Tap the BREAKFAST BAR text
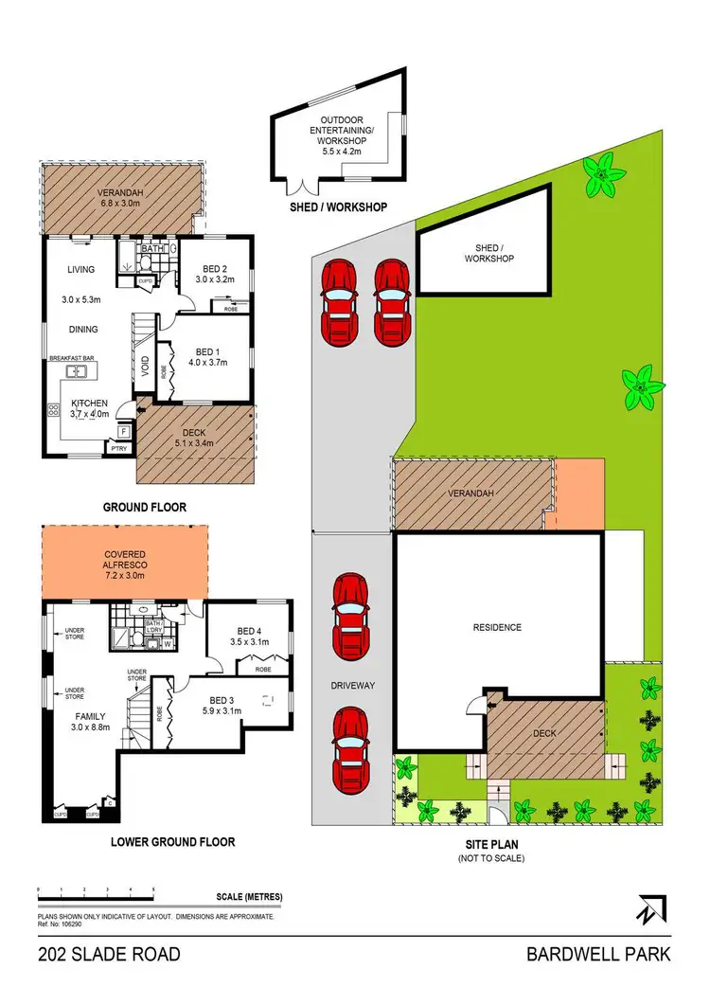click(76, 359)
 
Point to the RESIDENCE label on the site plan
click(497, 627)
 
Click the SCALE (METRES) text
click(250, 897)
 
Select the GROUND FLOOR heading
click(144, 508)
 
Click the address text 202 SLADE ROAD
click(110, 954)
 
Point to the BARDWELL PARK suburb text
click(598, 954)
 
